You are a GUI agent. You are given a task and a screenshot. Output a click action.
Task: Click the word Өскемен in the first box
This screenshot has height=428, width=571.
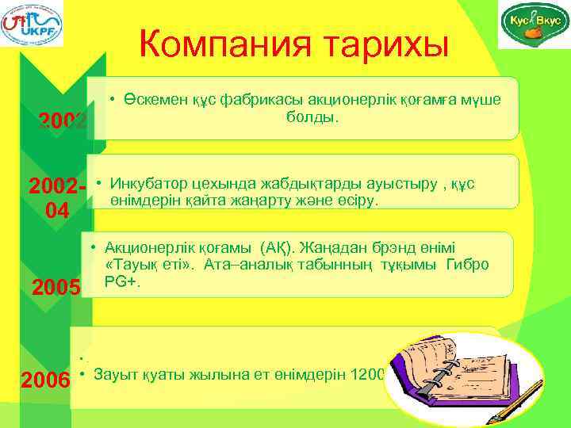(154, 97)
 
